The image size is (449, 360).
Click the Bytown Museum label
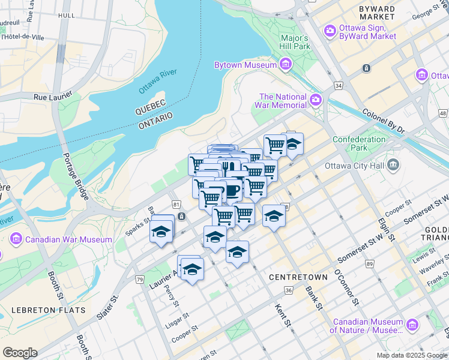point(245,65)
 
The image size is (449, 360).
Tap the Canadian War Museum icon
point(16,240)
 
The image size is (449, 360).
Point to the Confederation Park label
point(359,143)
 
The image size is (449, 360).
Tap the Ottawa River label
point(157,82)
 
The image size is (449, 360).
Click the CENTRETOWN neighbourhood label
point(298,277)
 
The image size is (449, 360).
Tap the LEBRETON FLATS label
point(48,310)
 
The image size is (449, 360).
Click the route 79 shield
point(139,280)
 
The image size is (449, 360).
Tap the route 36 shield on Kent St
point(289,291)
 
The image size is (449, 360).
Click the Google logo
point(20,353)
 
